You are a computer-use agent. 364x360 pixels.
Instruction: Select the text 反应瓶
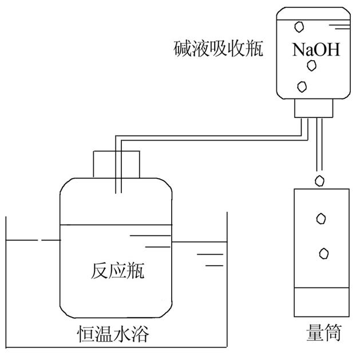[x=118, y=270]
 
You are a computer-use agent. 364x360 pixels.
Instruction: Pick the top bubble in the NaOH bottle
[x=298, y=27]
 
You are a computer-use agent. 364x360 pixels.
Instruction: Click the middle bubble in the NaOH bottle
[x=312, y=65]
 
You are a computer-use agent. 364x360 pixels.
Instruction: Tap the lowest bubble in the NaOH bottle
[x=302, y=86]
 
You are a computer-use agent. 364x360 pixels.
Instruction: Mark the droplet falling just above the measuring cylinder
[x=319, y=181]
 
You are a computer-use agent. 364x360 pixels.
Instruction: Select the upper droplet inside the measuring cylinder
[x=321, y=218]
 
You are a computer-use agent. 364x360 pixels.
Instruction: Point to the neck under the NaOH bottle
[x=313, y=109]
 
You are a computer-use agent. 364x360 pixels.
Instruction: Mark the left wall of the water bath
[x=5, y=275]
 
